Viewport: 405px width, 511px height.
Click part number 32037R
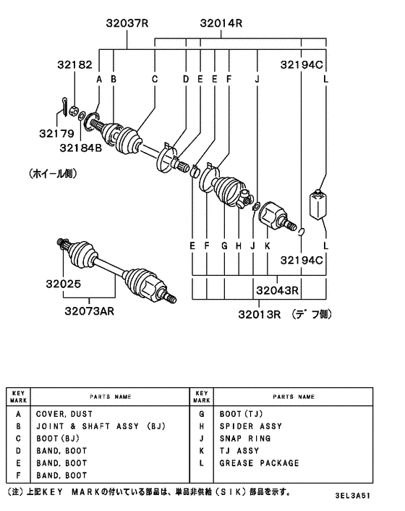[x=124, y=23]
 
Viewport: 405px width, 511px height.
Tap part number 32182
[x=75, y=65]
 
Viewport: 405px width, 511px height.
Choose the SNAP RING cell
[x=244, y=439]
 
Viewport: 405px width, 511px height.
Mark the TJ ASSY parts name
[x=239, y=451]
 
